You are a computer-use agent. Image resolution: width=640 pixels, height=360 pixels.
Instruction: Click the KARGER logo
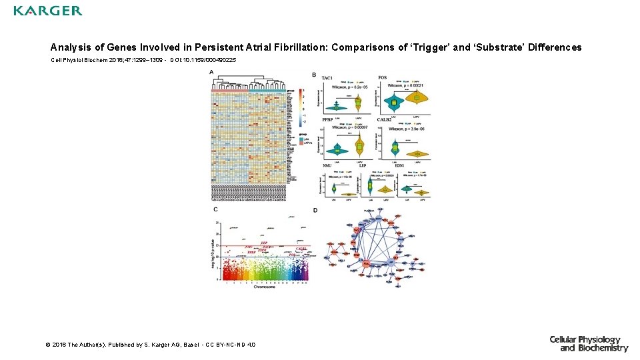click(x=48, y=11)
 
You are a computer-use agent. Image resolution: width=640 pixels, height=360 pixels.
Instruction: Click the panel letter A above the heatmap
click(x=211, y=72)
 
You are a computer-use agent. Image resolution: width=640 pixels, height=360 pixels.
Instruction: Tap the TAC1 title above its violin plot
click(x=327, y=78)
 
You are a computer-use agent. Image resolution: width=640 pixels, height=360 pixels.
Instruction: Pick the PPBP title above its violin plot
click(x=328, y=120)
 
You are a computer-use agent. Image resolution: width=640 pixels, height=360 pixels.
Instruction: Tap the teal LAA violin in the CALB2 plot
click(x=395, y=147)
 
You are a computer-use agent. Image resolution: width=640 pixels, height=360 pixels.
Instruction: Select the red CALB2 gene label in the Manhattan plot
click(x=301, y=248)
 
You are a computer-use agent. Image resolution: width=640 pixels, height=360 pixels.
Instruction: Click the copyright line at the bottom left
click(x=150, y=345)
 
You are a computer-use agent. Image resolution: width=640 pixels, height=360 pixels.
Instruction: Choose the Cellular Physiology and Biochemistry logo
click(x=589, y=343)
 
